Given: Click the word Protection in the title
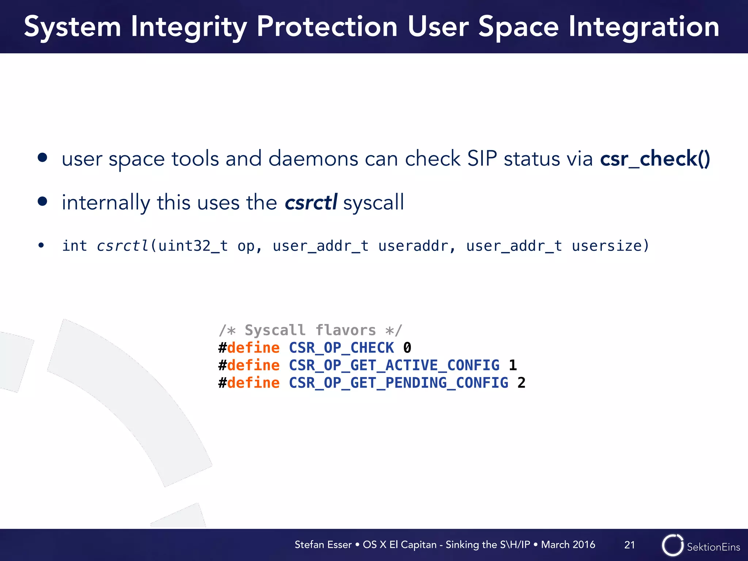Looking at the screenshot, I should tap(327, 27).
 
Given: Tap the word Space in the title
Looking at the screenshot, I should tap(518, 27).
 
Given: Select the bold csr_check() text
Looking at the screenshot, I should tap(655, 159).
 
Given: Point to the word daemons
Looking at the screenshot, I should tap(313, 159).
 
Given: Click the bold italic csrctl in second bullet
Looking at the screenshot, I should tap(310, 202).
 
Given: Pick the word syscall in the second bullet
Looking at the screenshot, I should tap(373, 203).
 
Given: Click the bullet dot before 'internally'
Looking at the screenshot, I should tap(43, 201).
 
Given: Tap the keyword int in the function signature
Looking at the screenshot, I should tap(75, 246).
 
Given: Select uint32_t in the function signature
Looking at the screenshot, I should tap(193, 246).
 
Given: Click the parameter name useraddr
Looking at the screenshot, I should tap(413, 246).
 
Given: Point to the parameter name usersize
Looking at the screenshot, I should tap(606, 246).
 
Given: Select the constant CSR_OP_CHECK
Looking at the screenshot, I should tap(341, 348).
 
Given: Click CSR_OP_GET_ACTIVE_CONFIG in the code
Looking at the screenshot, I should tap(394, 365).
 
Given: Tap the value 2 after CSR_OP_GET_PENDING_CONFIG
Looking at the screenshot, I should tap(521, 383).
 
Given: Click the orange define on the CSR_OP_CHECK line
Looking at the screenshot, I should tap(253, 348).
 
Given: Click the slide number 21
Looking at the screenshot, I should tap(629, 545).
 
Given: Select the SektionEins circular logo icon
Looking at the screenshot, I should tap(672, 545).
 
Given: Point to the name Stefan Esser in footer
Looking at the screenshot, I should tap(323, 545).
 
